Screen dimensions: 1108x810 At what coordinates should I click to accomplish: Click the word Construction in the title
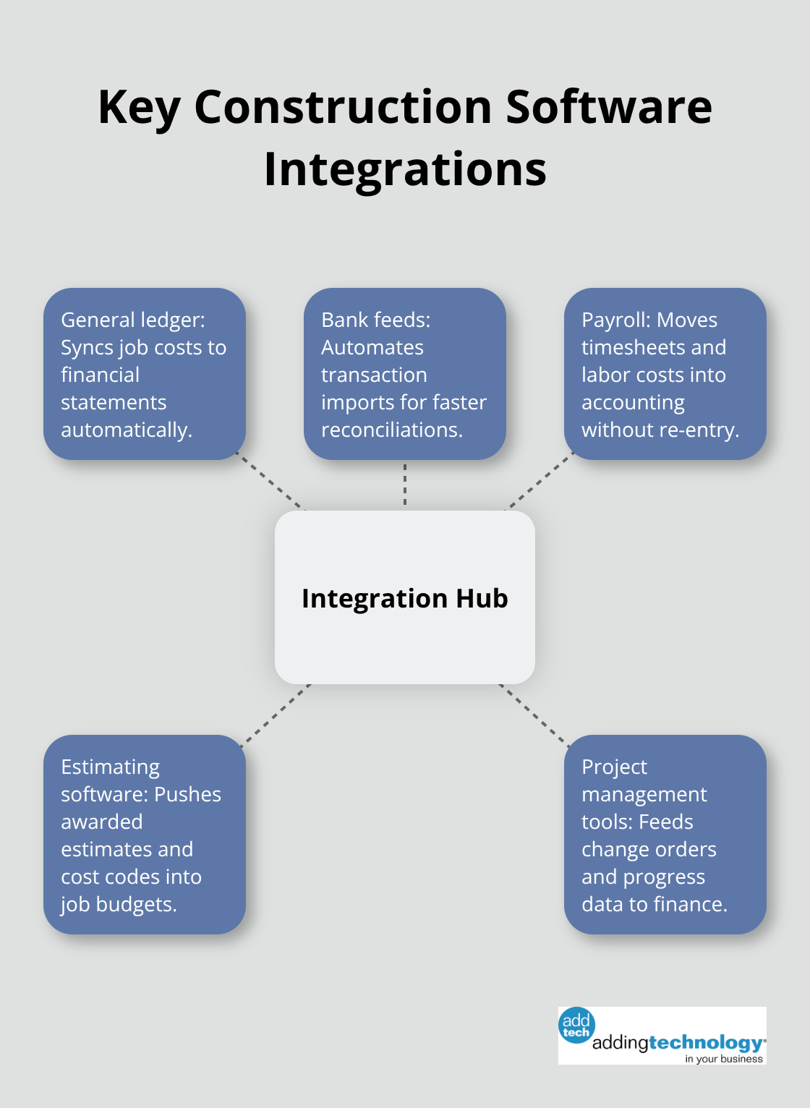343,107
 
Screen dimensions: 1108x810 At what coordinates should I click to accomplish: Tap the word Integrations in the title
405,169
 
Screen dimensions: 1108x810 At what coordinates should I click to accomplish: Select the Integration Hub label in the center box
405,598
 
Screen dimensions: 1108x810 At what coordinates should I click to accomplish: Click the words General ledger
132,320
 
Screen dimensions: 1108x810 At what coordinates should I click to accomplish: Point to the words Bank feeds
375,320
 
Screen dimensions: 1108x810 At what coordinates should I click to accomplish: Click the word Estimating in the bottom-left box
110,767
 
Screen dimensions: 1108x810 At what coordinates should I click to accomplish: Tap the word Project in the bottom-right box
614,767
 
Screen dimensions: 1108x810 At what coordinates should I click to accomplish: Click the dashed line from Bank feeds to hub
405,485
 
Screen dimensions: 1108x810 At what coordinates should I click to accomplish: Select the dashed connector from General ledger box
270,482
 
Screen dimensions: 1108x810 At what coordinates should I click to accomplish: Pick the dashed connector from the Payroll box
539,482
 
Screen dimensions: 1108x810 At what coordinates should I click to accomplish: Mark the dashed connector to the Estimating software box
276,713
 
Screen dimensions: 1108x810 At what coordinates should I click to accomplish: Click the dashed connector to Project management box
534,713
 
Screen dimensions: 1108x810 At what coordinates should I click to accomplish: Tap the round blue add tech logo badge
576,1025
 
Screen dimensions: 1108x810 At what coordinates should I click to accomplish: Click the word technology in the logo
705,1042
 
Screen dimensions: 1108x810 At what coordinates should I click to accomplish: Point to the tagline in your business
723,1059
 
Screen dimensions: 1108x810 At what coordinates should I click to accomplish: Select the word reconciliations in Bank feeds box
391,430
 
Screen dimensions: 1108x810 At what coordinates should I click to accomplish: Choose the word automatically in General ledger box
126,430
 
